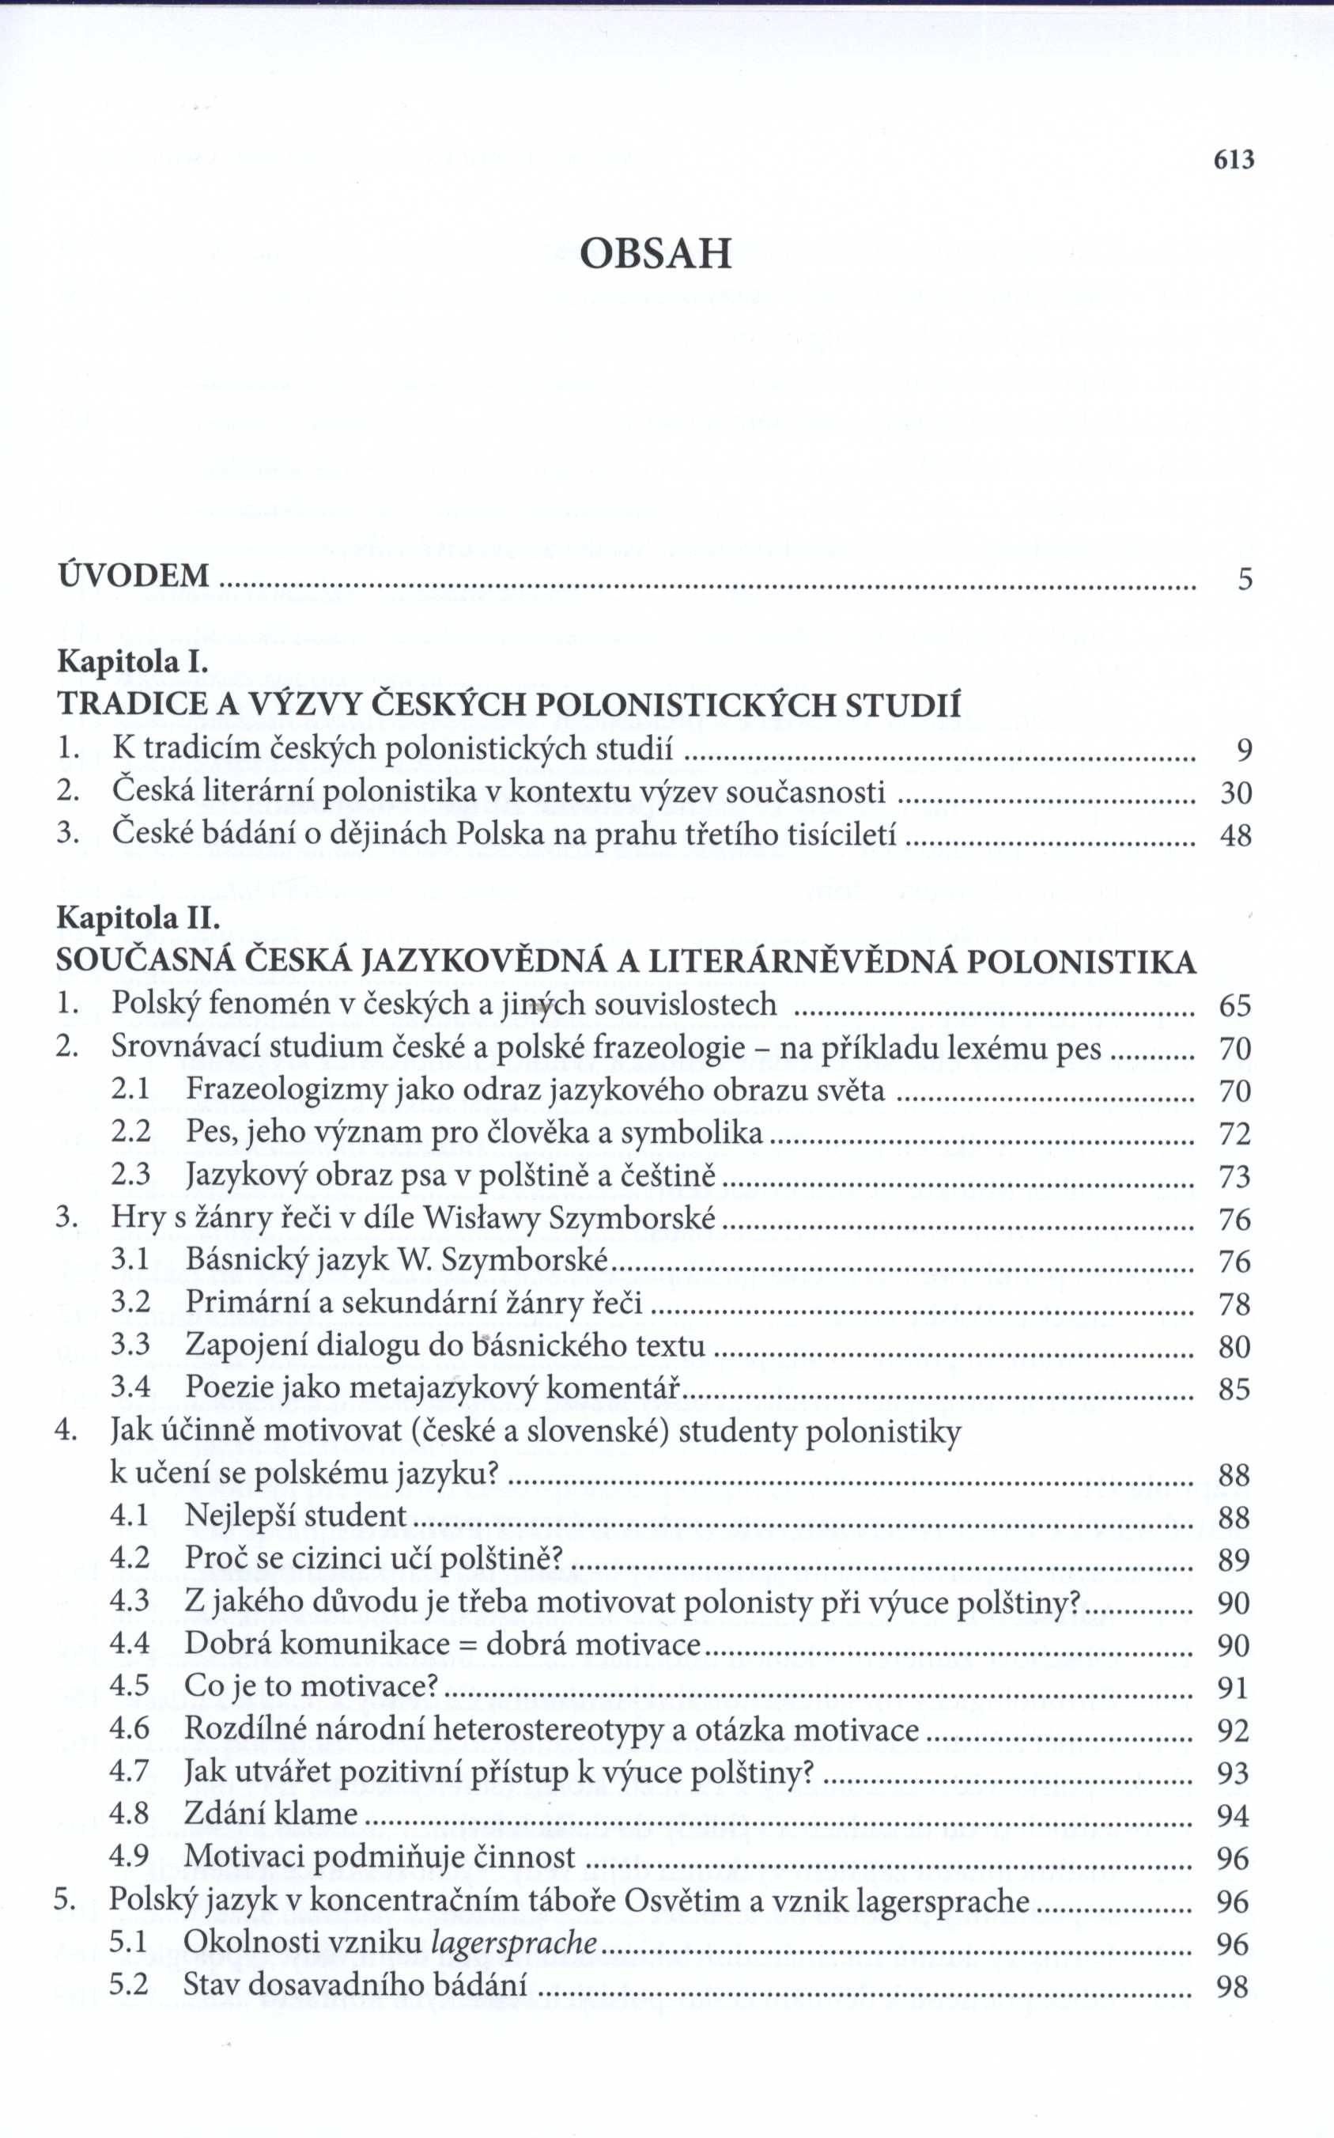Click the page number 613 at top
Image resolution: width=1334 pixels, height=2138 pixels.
(x=1234, y=160)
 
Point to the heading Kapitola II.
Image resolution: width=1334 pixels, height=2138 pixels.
(x=138, y=918)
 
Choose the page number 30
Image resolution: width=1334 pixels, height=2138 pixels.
(x=1235, y=793)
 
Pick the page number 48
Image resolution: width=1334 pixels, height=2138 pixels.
(x=1235, y=834)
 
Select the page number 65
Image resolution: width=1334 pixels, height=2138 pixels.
(x=1235, y=1005)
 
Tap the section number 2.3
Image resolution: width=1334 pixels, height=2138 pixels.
(x=130, y=1175)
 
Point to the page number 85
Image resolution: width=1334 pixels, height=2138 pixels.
(x=1234, y=1390)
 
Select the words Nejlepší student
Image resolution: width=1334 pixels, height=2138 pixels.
(x=296, y=1516)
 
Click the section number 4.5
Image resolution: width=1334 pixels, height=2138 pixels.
(x=130, y=1686)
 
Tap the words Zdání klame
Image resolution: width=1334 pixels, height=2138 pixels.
(x=271, y=1814)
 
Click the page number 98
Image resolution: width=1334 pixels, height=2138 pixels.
(x=1233, y=1986)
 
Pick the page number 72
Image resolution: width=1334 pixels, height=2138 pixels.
(x=1235, y=1133)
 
